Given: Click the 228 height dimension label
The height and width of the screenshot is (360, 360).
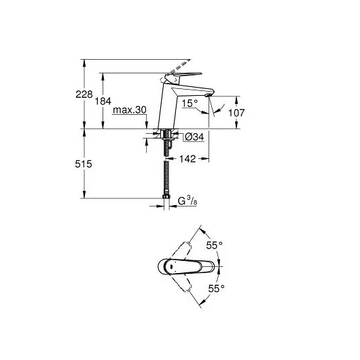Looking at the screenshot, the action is point(84,94).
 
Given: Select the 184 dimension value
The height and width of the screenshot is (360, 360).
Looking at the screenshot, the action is point(103,101).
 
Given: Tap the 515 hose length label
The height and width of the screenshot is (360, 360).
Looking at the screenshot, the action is point(84,164).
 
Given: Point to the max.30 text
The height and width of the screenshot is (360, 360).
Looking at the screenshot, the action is point(130,110).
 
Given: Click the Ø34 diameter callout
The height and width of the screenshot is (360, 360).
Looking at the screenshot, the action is point(194,137).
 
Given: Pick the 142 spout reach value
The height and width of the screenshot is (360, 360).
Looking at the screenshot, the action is point(187,159).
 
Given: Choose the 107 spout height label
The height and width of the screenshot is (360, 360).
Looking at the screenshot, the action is point(236,113).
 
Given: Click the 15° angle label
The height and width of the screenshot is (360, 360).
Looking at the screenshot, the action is point(190,103).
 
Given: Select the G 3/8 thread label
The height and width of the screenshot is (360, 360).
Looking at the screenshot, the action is point(187,200).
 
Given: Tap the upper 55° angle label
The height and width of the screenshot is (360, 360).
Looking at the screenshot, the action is point(214,245).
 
